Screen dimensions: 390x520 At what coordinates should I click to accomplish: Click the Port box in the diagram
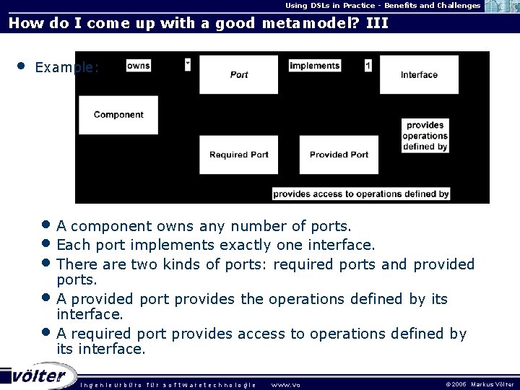[x=238, y=74]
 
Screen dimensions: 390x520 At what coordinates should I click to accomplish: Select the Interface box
[x=419, y=74]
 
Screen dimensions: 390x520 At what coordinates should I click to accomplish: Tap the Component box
[x=118, y=114]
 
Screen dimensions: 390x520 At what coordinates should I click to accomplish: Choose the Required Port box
[x=238, y=155]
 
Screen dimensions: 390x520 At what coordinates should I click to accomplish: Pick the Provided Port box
[x=339, y=155]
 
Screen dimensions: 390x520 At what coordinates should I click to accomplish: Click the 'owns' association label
[x=138, y=66]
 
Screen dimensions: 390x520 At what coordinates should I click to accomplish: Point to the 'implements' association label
[x=314, y=66]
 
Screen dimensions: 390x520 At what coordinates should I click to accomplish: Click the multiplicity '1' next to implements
[x=368, y=66]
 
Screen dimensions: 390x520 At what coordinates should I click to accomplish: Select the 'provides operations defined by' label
[x=425, y=136]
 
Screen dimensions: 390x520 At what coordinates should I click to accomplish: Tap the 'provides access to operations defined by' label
[x=361, y=194]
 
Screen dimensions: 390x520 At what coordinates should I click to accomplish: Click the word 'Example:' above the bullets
[x=66, y=68]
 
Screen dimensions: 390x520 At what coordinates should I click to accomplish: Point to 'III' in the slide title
[x=377, y=22]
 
